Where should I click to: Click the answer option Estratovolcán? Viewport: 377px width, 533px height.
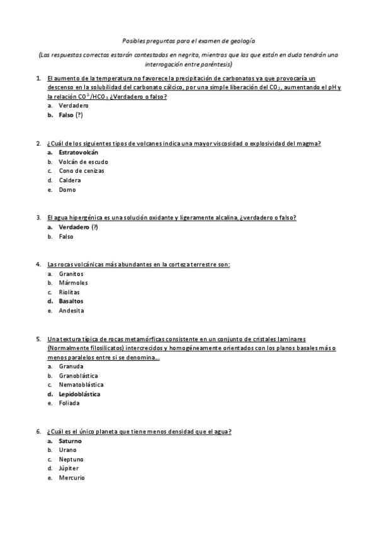pyautogui.click(x=78, y=152)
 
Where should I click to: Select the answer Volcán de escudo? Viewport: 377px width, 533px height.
pyautogui.click(x=79, y=162)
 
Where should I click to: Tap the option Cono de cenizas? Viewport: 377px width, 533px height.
pyautogui.click(x=81, y=171)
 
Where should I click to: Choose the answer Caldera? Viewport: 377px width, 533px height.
pyautogui.click(x=70, y=180)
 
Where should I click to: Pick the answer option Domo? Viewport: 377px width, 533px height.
pyautogui.click(x=67, y=190)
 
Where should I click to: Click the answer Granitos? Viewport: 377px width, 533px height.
pyautogui.click(x=71, y=274)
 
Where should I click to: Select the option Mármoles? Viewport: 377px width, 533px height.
pyautogui.click(x=72, y=283)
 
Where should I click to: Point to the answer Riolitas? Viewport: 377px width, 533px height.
pyautogui.click(x=69, y=292)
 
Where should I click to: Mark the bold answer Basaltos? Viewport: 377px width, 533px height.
pyautogui.click(x=70, y=301)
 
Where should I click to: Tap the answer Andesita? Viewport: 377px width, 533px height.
pyautogui.click(x=71, y=310)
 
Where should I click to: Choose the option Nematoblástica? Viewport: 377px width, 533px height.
pyautogui.click(x=81, y=385)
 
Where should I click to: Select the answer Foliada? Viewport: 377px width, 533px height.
pyautogui.click(x=69, y=403)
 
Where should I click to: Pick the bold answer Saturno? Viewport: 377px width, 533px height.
pyautogui.click(x=70, y=441)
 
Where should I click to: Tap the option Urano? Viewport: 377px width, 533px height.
pyautogui.click(x=67, y=450)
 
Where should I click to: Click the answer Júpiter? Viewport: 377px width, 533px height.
pyautogui.click(x=69, y=468)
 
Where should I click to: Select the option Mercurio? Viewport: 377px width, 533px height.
pyautogui.click(x=71, y=478)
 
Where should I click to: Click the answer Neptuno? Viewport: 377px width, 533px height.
pyautogui.click(x=71, y=459)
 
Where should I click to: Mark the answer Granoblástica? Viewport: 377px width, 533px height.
pyautogui.click(x=79, y=375)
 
